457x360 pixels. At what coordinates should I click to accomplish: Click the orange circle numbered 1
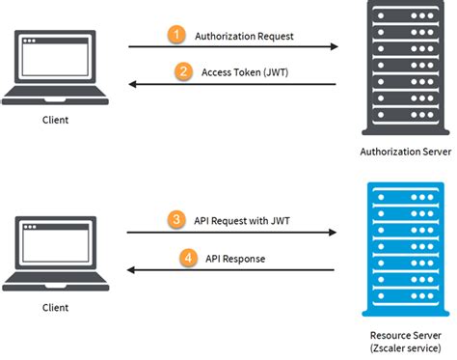click(175, 35)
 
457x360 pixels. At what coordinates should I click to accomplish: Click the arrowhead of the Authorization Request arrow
click(333, 46)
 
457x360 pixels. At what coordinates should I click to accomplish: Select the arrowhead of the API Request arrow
click(333, 233)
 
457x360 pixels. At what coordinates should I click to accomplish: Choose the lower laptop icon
click(57, 253)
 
